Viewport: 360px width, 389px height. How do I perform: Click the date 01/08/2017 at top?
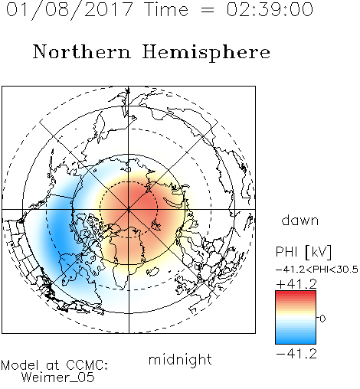pos(70,10)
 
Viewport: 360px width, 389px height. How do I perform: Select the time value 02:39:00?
pos(270,9)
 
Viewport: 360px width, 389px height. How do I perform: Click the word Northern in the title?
pos(82,51)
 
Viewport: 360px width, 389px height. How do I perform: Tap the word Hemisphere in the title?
pos(206,52)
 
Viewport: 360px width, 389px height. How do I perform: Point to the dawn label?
pos(300,220)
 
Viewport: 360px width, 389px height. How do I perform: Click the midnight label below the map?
pos(180,359)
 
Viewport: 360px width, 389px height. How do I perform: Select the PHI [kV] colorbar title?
pos(303,252)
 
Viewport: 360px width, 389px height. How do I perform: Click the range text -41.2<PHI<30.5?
pos(317,270)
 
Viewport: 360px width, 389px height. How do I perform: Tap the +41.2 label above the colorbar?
pos(296,284)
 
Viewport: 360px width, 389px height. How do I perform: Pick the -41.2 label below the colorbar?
pos(296,354)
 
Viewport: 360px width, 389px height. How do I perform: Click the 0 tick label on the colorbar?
pos(322,319)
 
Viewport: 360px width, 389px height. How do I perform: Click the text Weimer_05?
pos(57,378)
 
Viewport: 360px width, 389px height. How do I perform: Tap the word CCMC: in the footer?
pos(87,365)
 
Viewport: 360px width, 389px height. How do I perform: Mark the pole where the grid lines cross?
pos(129,209)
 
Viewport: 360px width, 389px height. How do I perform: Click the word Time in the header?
pos(166,9)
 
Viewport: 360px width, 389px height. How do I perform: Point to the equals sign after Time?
pos(207,10)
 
